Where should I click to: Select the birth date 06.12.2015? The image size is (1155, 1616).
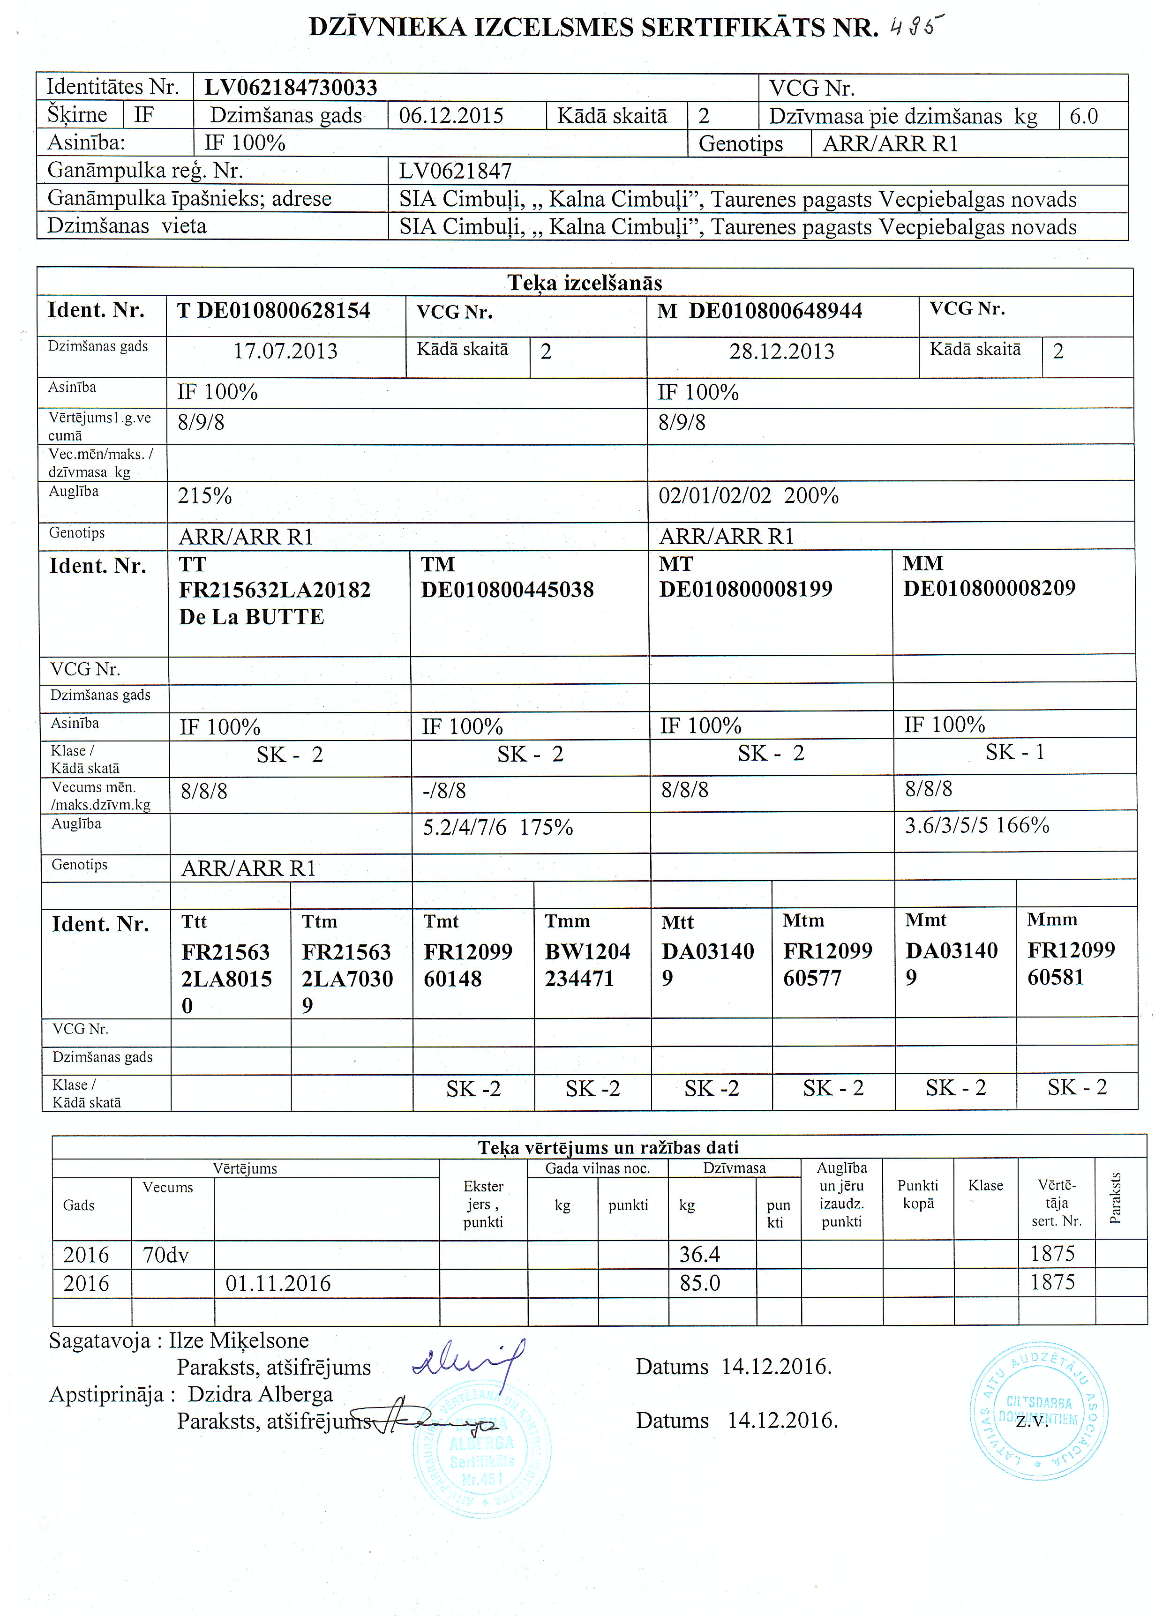click(451, 115)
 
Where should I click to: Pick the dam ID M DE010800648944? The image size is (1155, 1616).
click(759, 311)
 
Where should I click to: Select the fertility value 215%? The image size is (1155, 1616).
click(205, 495)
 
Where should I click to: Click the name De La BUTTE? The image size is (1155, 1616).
click(251, 616)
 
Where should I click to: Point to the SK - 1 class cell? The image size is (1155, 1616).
click(1014, 752)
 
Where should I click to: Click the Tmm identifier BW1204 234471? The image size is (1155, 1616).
click(587, 965)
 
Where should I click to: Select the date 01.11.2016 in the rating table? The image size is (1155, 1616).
click(278, 1283)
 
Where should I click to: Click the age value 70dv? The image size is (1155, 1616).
click(166, 1255)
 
